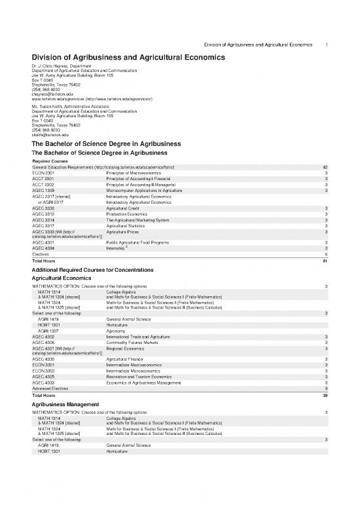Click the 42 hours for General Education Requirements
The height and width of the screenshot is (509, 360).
(x=325, y=168)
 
